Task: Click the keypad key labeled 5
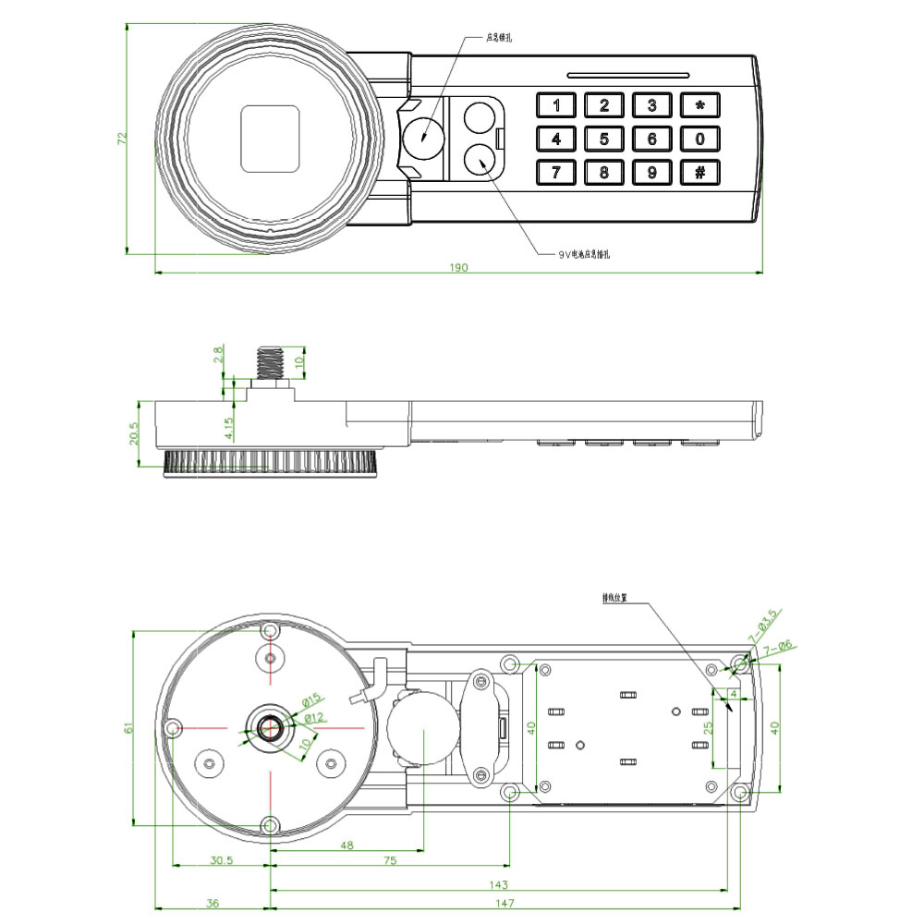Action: coord(604,140)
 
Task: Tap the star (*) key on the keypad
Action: coord(700,105)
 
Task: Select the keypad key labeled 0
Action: coord(700,140)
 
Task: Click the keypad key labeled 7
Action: coord(556,173)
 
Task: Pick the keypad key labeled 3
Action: coord(652,105)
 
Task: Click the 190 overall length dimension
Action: coord(459,268)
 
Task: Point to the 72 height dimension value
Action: coord(121,139)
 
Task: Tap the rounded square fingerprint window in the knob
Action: coord(270,138)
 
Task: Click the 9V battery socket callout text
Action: coord(585,253)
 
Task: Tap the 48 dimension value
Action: coord(346,845)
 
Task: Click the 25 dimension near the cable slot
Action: coord(708,727)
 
